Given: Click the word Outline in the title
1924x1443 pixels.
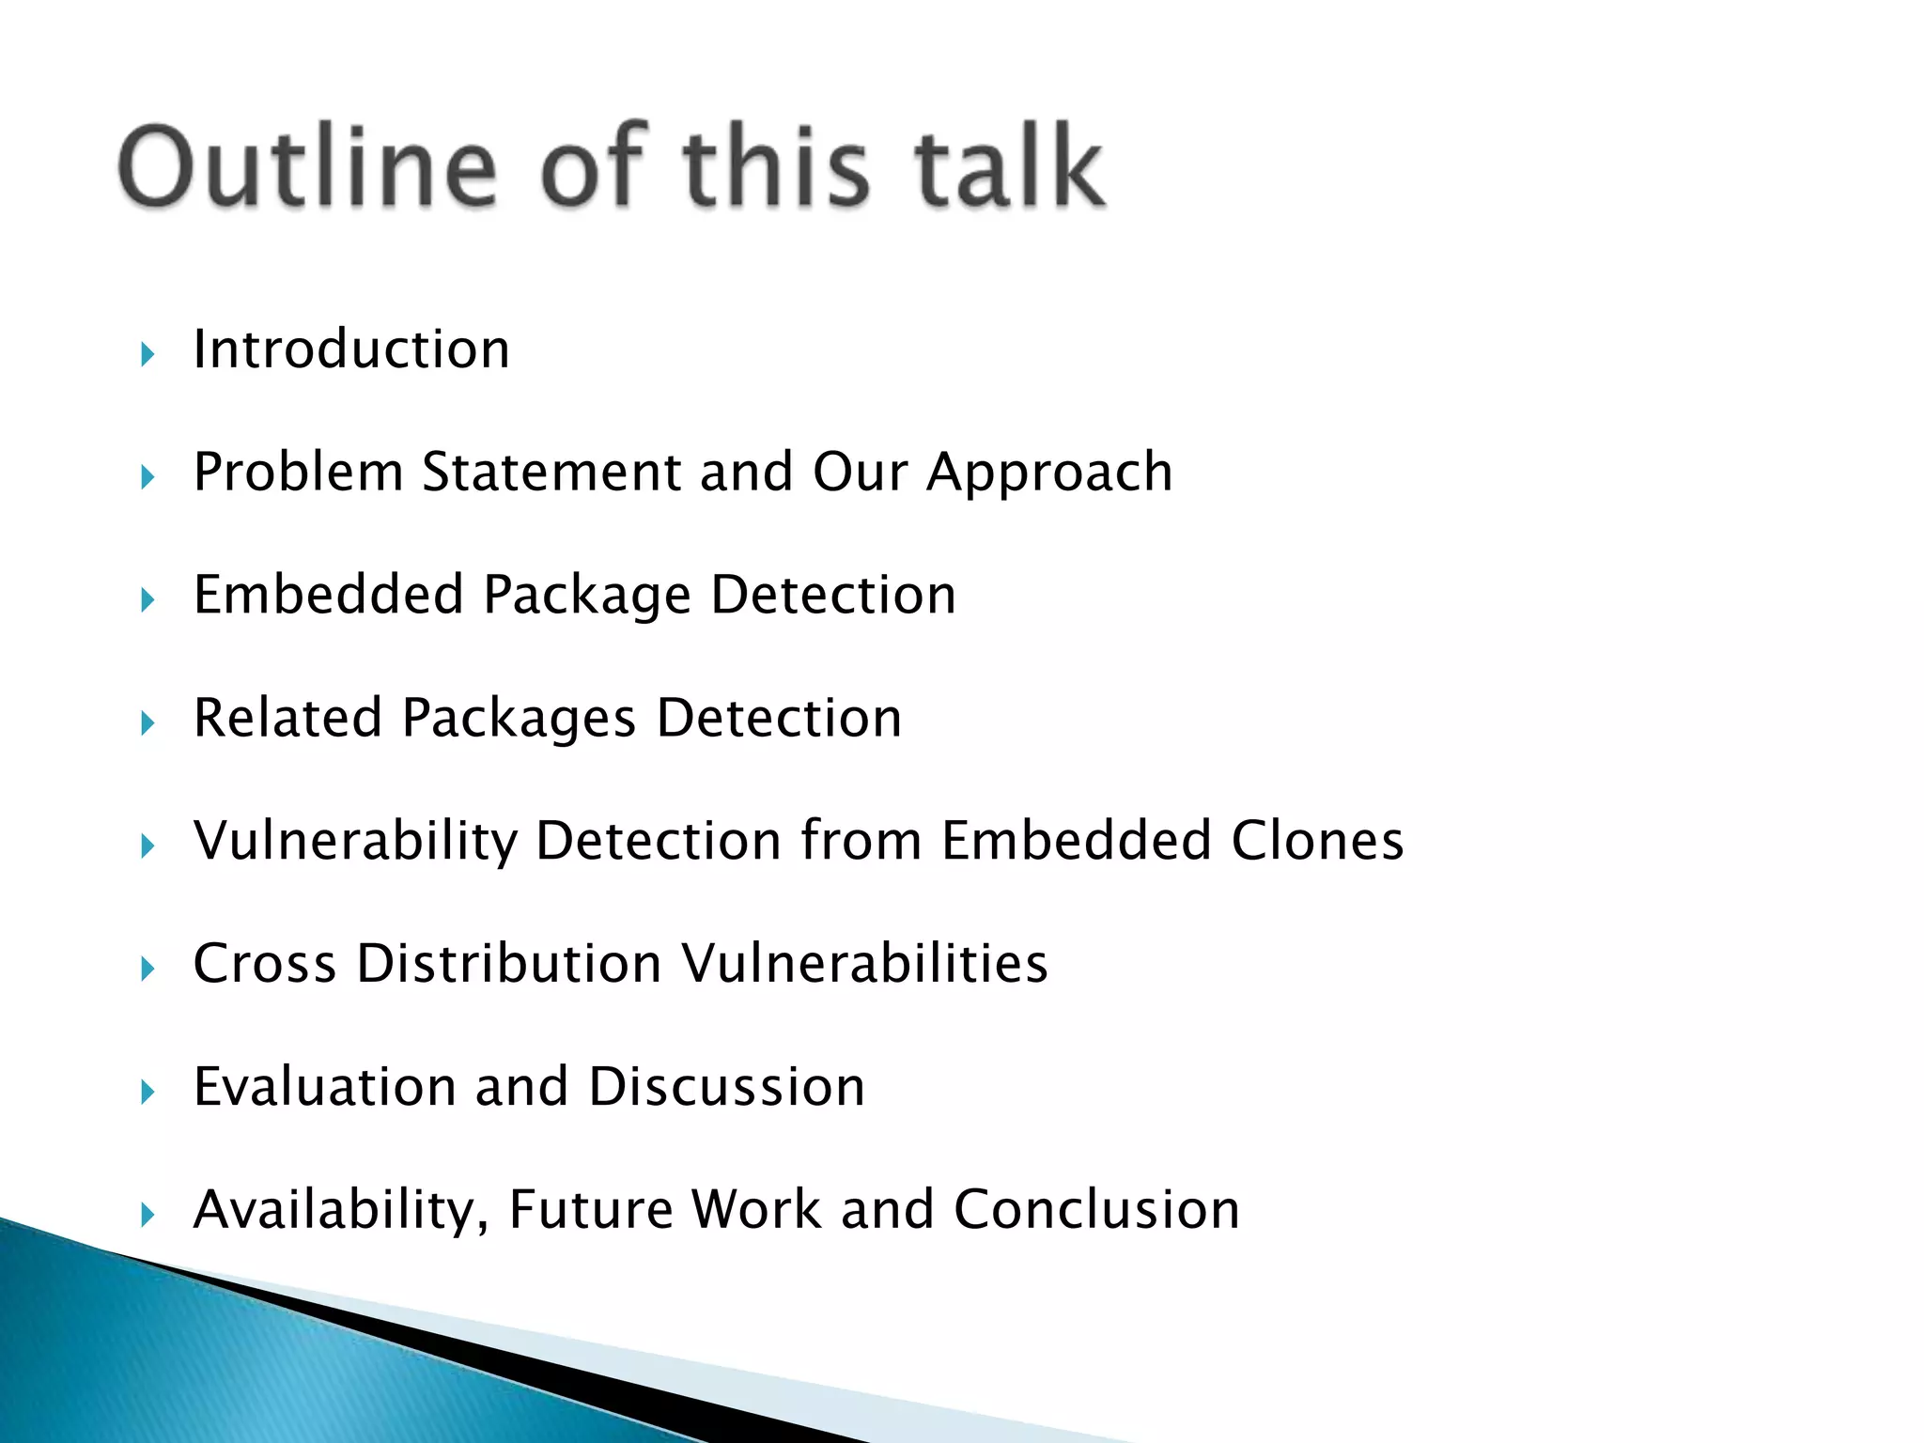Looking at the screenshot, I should pos(306,167).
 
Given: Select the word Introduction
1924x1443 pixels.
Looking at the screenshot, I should pos(351,349).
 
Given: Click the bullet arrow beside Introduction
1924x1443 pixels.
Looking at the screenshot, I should pos(147,355).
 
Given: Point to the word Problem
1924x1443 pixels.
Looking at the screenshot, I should pos(298,472).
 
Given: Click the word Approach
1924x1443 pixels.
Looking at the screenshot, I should pos(1049,473).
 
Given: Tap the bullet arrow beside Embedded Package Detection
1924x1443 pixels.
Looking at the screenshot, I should pos(147,600).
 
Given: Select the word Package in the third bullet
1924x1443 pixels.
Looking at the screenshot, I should pos(587,597).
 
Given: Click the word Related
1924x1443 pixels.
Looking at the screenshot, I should pos(287,718).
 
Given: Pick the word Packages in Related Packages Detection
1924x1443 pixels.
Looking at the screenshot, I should pos(519,720).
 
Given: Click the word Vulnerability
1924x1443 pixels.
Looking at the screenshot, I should pos(355,842).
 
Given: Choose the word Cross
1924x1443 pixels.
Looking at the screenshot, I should pos(264,964).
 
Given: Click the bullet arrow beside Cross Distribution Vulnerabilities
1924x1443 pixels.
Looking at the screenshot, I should pos(147,970).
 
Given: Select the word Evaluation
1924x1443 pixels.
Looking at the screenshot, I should pos(324,1087).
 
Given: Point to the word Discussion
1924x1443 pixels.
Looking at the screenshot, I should pos(726,1087).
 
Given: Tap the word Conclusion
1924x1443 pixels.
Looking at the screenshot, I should pos(1096,1210).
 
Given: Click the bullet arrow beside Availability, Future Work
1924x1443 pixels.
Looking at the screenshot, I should pos(147,1216).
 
